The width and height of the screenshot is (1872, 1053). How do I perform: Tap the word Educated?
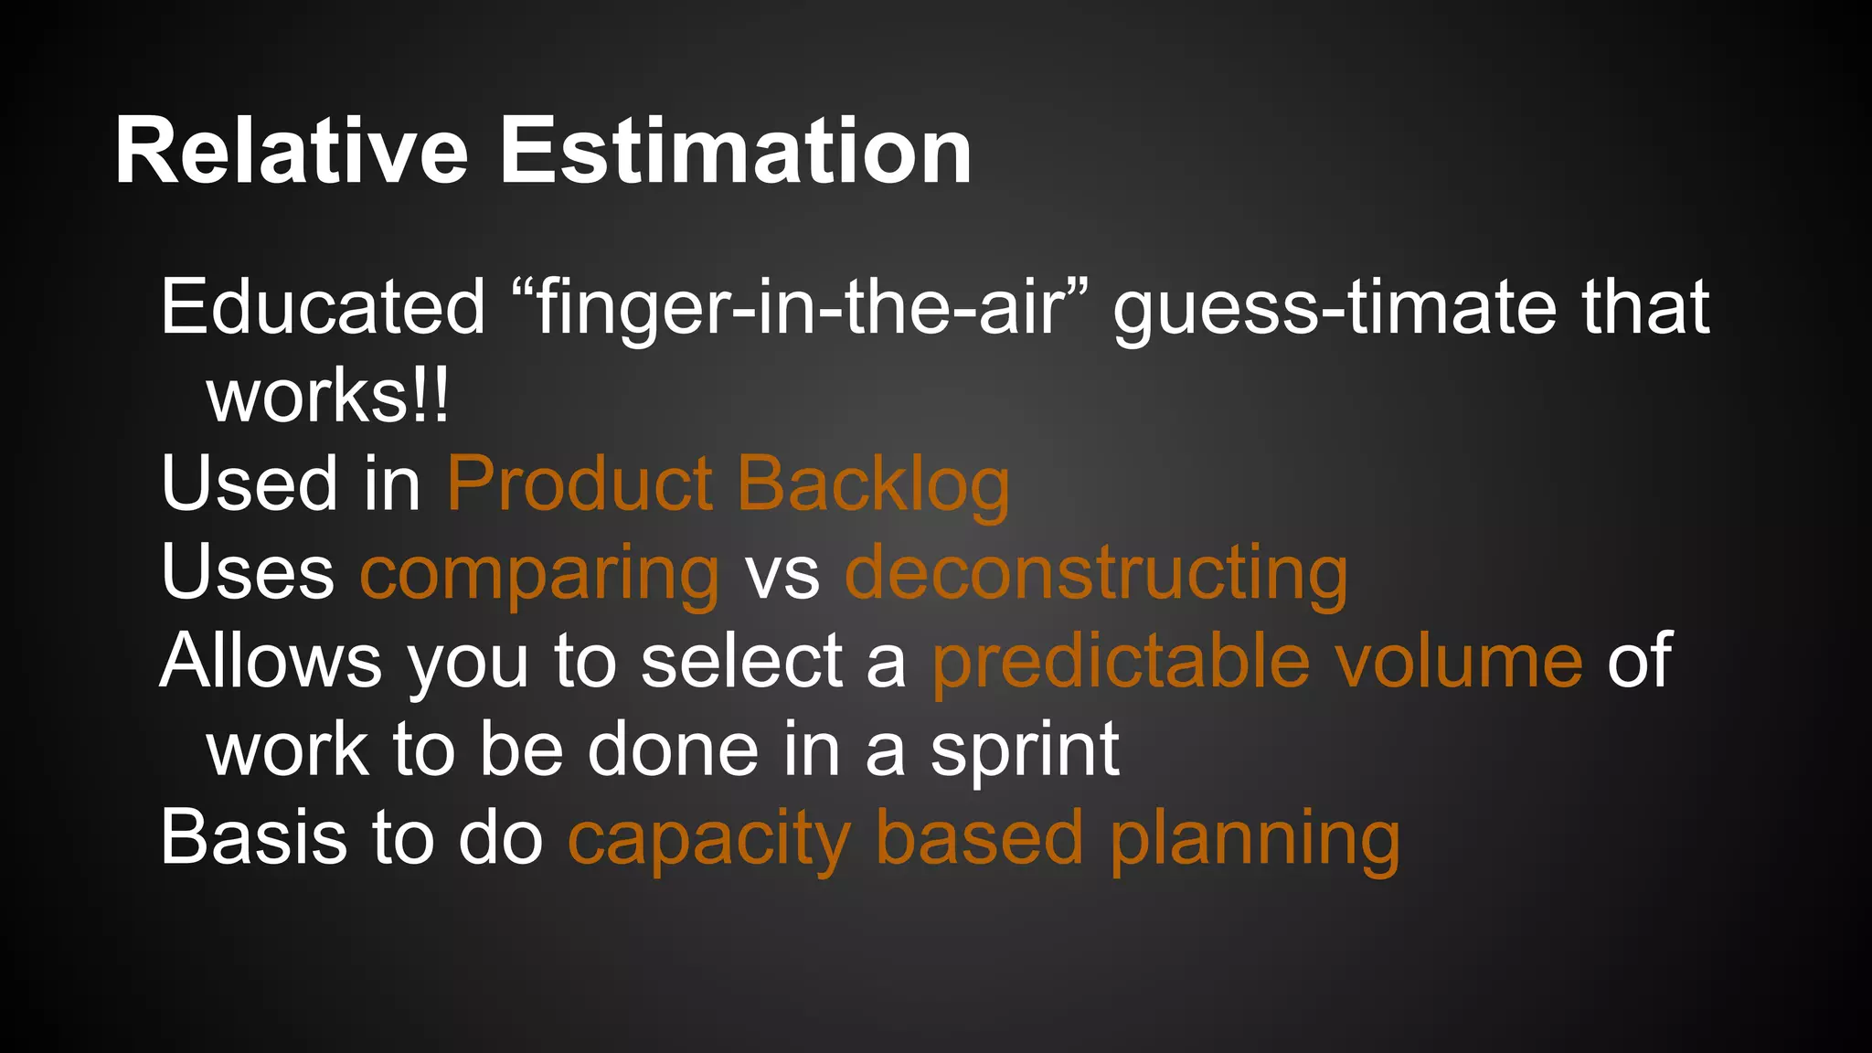(323, 307)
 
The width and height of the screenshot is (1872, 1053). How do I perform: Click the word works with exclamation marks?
(328, 397)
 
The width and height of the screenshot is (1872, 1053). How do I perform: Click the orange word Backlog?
(873, 485)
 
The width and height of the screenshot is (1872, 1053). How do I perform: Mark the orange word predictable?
(1121, 661)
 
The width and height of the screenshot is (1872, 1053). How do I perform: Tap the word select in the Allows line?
(741, 661)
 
